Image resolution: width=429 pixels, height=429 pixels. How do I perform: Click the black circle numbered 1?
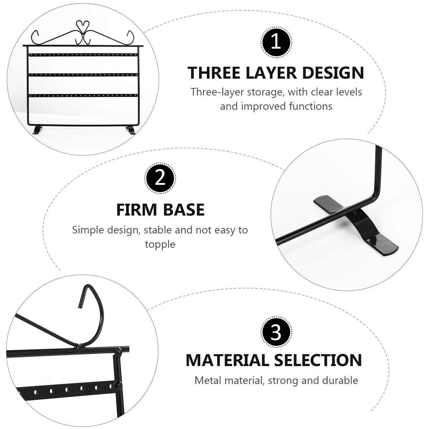tap(276, 42)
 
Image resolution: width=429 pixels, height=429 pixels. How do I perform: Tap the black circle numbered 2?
tap(160, 178)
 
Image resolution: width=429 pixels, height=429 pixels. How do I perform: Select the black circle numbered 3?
tap(276, 332)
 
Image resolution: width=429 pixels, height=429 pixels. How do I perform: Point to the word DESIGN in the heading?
tap(333, 73)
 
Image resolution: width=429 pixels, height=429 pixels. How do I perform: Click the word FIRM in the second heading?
tap(137, 210)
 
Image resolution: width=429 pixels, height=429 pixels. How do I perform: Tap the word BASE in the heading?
tap(184, 210)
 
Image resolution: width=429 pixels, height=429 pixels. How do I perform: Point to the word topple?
tap(160, 245)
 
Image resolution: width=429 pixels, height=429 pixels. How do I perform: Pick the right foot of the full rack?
tap(131, 130)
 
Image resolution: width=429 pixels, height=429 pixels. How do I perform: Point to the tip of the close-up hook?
tap(79, 307)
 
